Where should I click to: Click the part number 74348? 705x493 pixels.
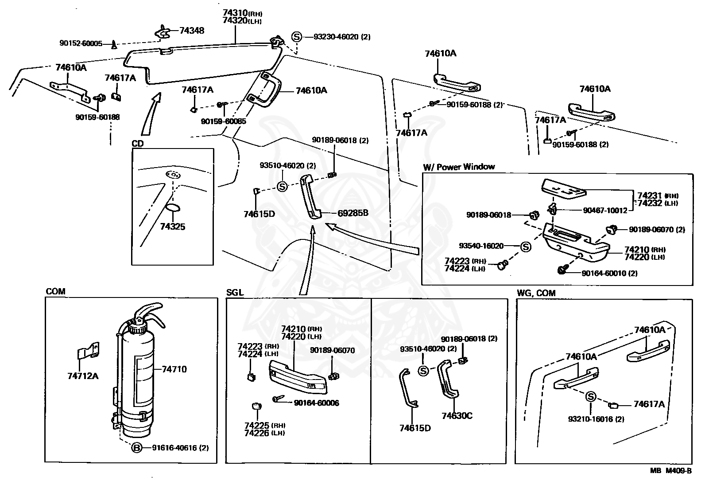[x=192, y=31]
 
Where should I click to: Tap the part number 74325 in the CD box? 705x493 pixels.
[x=173, y=227]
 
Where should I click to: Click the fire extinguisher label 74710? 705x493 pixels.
[x=174, y=369]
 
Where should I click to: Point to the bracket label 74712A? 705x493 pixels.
[x=83, y=376]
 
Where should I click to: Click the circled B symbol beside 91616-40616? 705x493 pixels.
[x=137, y=448]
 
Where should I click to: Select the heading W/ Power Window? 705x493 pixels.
[x=459, y=167]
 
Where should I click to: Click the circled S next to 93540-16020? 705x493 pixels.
[x=525, y=246]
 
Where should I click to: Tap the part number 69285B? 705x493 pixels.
[x=353, y=213]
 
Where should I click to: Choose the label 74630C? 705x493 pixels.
[x=457, y=415]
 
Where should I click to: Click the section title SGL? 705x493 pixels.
[x=235, y=293]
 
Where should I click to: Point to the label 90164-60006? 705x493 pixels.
[x=317, y=403]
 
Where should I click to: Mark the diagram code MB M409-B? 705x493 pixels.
[x=670, y=471]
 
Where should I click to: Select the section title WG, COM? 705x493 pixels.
[x=536, y=293]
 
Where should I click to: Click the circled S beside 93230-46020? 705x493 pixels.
[x=296, y=37]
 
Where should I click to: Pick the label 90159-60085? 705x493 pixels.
[x=223, y=121]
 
